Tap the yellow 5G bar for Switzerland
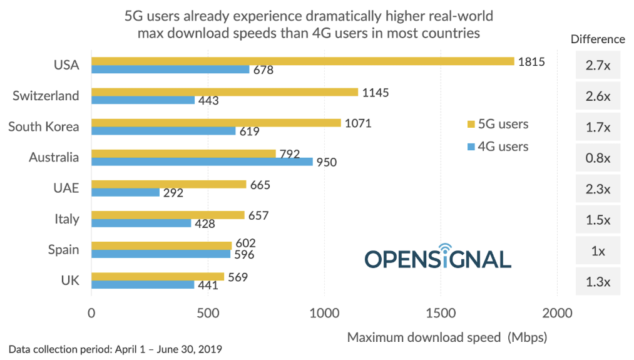coord(225,92)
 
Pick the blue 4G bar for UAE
coord(125,192)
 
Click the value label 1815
coord(531,61)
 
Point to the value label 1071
coord(358,123)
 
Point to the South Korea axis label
coord(44,127)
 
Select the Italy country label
coord(66,219)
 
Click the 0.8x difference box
coord(598,158)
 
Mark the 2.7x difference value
coord(598,65)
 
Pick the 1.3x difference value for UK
coord(598,281)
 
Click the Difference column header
coord(598,39)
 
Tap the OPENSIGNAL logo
coord(437,257)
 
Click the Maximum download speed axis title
coord(447,337)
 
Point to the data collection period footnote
coord(116,348)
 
